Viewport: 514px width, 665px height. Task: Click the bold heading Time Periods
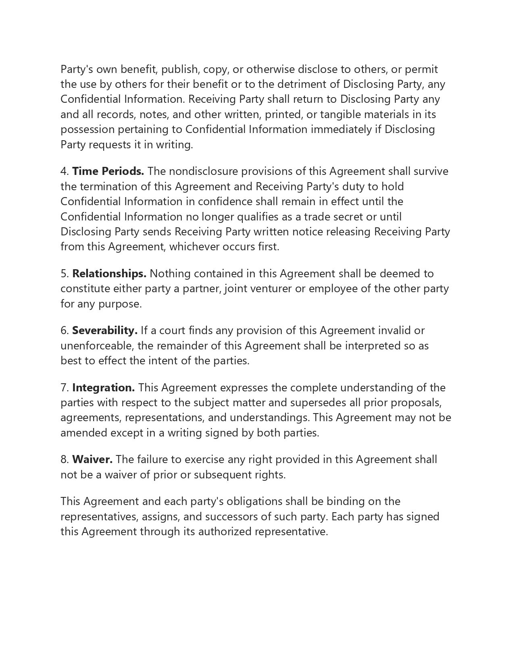pyautogui.click(x=108, y=171)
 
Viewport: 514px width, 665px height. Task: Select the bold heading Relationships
pyautogui.click(x=109, y=274)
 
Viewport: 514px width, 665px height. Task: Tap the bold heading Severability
pyautogui.click(x=105, y=330)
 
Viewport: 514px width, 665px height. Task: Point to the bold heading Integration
pyautogui.click(x=104, y=388)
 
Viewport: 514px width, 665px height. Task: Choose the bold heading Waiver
pyautogui.click(x=92, y=459)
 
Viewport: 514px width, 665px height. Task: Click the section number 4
pyautogui.click(x=65, y=171)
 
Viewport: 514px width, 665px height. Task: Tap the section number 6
pyautogui.click(x=65, y=330)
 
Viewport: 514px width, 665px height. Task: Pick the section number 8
pyautogui.click(x=65, y=459)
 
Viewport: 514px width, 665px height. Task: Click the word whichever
pyautogui.click(x=192, y=247)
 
